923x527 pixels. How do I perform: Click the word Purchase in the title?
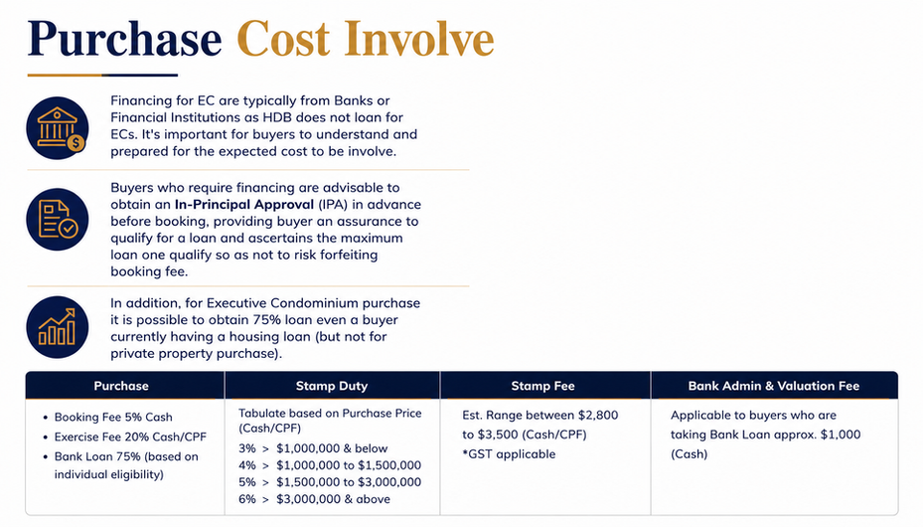click(125, 40)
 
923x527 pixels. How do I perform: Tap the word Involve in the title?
click(419, 40)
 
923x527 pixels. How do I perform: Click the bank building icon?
click(57, 128)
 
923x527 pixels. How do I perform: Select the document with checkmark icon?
click(57, 220)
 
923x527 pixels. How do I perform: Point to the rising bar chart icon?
click(57, 327)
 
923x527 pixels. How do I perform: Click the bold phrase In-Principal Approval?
click(244, 205)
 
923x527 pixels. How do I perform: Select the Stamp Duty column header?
click(332, 386)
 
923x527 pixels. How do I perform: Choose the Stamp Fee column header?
click(542, 386)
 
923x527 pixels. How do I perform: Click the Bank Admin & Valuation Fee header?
click(774, 386)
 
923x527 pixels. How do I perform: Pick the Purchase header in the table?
click(121, 386)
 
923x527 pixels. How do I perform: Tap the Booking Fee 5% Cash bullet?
click(113, 417)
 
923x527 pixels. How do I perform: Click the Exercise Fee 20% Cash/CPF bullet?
click(130, 437)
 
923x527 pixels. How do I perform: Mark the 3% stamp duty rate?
click(247, 448)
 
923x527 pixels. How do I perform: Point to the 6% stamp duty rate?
click(247, 499)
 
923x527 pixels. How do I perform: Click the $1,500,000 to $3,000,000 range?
click(349, 482)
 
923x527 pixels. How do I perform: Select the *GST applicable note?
click(509, 454)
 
